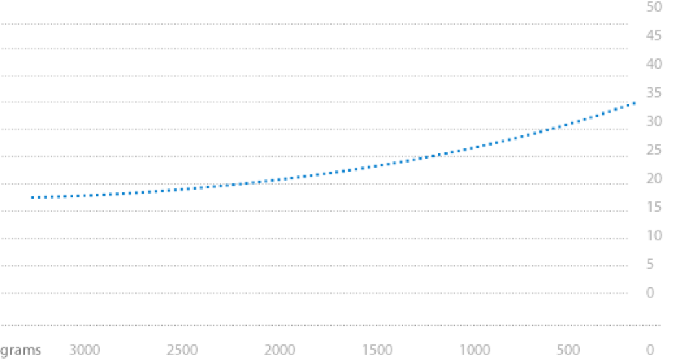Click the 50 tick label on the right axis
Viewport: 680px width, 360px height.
pyautogui.click(x=654, y=7)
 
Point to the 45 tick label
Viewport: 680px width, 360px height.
pyautogui.click(x=654, y=36)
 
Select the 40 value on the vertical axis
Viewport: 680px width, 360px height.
pyautogui.click(x=654, y=64)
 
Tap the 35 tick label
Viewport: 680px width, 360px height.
pyautogui.click(x=654, y=93)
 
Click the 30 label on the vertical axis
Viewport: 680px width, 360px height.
pyautogui.click(x=654, y=122)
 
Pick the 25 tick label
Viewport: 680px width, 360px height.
pyautogui.click(x=654, y=150)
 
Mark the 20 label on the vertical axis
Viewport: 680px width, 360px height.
pyautogui.click(x=654, y=179)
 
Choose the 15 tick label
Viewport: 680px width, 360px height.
pyautogui.click(x=654, y=207)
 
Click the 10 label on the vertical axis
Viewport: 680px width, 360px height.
pyautogui.click(x=654, y=236)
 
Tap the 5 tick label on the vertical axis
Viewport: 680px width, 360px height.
pyautogui.click(x=650, y=264)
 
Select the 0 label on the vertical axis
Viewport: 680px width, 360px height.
pyautogui.click(x=650, y=293)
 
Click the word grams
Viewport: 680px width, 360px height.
pyautogui.click(x=21, y=350)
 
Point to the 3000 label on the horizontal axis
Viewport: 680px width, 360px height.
pyautogui.click(x=85, y=350)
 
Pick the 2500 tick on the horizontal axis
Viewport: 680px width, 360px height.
pyautogui.click(x=182, y=350)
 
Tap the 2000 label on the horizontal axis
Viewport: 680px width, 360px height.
pyautogui.click(x=280, y=350)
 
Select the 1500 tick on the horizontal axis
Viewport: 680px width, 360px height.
pyautogui.click(x=377, y=350)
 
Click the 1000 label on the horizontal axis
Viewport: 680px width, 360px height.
pyautogui.click(x=475, y=350)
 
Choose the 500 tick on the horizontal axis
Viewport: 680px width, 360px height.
pyautogui.click(x=568, y=350)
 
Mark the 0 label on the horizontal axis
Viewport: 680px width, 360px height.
pyautogui.click(x=650, y=350)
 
